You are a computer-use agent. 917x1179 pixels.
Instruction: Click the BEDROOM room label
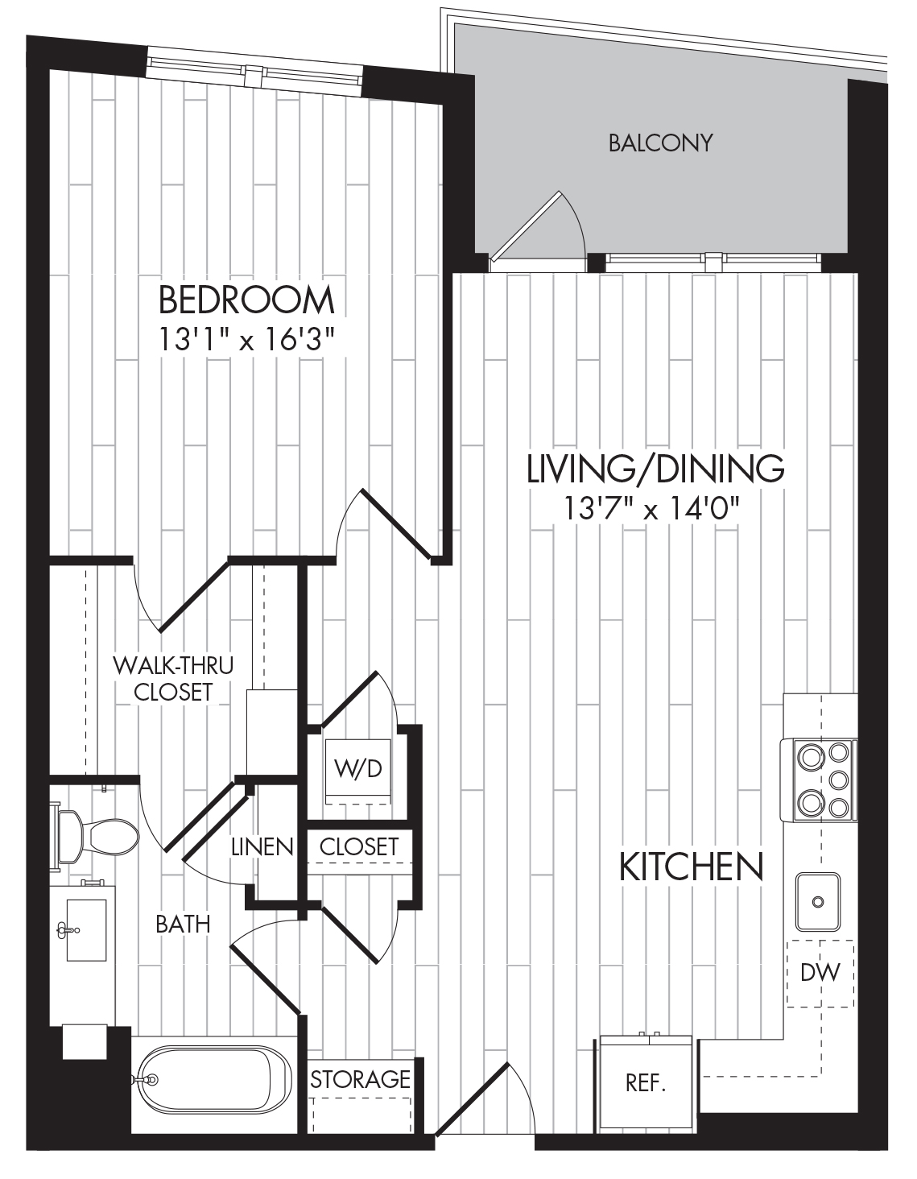pos(246,300)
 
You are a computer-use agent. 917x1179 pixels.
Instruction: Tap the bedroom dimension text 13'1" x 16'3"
pos(246,341)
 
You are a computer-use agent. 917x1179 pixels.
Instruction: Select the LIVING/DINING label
pos(655,469)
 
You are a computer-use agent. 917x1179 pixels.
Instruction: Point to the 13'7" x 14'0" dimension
pos(652,509)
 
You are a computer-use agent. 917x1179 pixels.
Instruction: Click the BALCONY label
pos(660,143)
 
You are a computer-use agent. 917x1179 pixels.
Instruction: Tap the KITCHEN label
pos(692,867)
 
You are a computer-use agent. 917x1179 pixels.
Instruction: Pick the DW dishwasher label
pos(820,973)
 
